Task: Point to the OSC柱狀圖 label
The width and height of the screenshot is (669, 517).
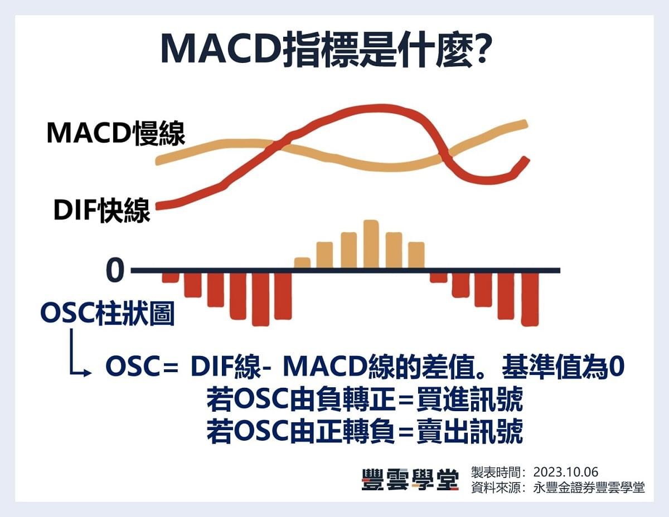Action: [108, 314]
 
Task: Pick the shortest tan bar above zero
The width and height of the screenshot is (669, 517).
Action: [302, 262]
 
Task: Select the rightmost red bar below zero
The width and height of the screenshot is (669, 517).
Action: [530, 299]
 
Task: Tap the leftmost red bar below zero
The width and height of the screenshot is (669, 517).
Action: [170, 277]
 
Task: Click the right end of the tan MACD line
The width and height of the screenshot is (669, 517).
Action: [523, 124]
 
